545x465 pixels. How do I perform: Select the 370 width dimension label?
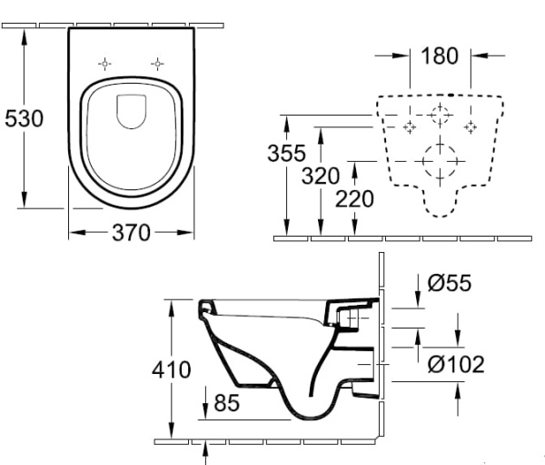coord(131,233)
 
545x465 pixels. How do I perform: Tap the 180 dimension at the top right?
coord(440,56)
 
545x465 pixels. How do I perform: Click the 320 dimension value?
coord(320,175)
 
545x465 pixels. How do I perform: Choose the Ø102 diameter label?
coord(455,365)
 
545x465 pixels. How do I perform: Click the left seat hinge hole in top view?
coord(105,64)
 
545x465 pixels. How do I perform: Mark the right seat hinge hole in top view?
coord(158,64)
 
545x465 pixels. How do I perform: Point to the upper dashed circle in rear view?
coord(441,116)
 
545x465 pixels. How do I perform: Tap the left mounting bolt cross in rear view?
coord(410,126)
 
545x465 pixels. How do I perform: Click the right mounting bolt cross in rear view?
coord(471,126)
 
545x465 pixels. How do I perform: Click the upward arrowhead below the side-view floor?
coord(207,447)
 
